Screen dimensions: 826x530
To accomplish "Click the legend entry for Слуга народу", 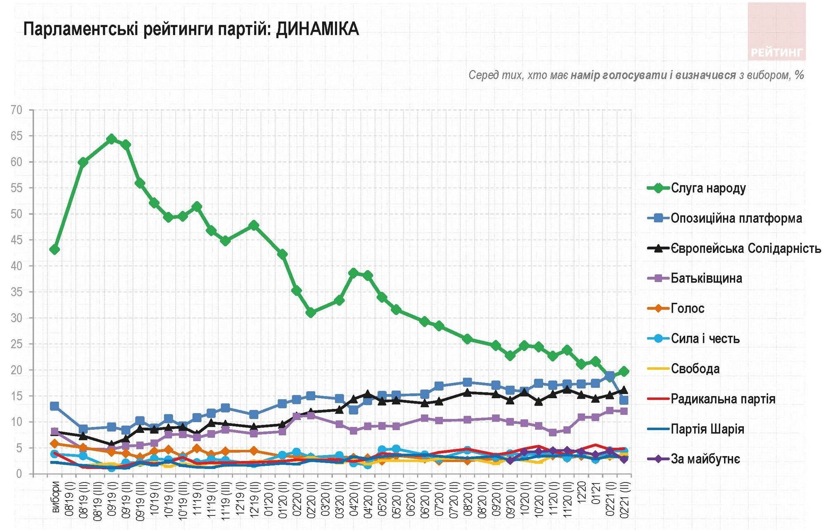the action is [x=696, y=188].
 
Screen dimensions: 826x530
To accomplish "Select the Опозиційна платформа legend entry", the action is [x=724, y=218].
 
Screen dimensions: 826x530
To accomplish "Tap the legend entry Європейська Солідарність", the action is [x=734, y=248].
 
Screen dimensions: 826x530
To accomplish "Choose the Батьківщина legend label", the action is [x=694, y=278].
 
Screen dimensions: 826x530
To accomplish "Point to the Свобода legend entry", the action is [x=683, y=368].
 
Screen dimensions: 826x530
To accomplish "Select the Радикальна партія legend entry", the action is [x=711, y=399].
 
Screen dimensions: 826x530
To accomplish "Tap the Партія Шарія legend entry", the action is [x=695, y=429].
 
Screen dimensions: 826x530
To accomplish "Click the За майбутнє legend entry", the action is [x=693, y=459].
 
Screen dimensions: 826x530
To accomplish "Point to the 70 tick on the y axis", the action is [x=17, y=110].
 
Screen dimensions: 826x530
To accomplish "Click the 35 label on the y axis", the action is [x=17, y=292].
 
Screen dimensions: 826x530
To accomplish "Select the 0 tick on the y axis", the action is [x=19, y=474].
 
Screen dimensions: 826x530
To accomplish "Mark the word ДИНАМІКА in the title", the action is [x=317, y=29].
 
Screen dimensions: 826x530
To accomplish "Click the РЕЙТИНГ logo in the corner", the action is [x=776, y=31].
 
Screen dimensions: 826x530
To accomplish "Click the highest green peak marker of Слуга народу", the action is [x=112, y=139].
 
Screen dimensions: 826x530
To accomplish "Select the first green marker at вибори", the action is [x=55, y=250].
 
